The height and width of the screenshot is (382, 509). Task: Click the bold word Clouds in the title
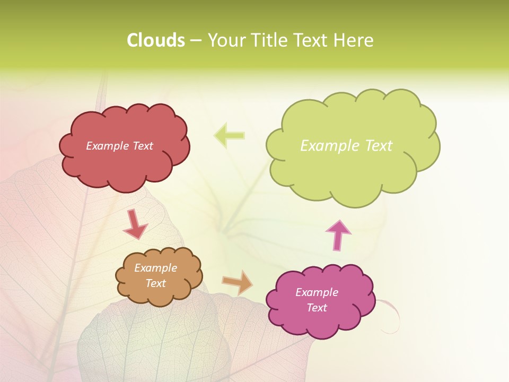pos(155,40)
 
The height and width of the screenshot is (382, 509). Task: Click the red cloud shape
pos(125,164)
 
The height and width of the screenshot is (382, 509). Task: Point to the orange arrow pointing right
pos(238,282)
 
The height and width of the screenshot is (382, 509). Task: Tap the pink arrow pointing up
pos(338,235)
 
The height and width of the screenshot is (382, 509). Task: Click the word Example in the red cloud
pos(108,146)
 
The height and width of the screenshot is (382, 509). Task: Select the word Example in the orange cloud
pos(155,268)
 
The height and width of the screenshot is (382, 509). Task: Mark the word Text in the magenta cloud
pos(317,308)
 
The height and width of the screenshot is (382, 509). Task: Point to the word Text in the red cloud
pos(142,146)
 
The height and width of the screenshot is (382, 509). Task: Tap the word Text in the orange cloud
pos(155,283)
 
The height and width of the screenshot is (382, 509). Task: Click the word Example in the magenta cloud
pos(317,292)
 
